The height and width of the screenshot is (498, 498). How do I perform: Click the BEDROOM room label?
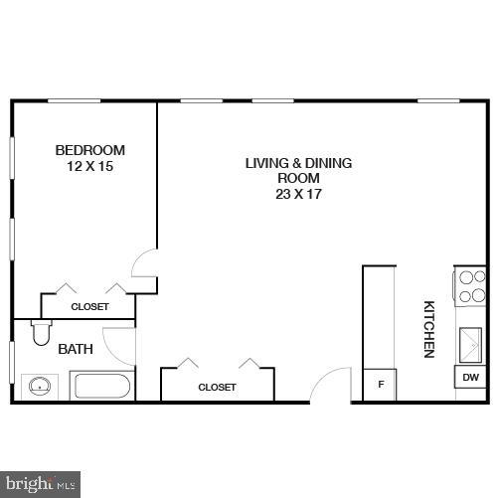click(89, 150)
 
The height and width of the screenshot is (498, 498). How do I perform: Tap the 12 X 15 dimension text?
click(89, 166)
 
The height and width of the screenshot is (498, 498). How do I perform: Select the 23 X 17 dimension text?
click(299, 195)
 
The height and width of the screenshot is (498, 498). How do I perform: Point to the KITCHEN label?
click(429, 329)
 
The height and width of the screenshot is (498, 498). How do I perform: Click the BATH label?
click(76, 349)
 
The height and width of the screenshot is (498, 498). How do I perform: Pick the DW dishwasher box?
click(470, 378)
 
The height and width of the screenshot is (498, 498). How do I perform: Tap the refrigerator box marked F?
click(379, 384)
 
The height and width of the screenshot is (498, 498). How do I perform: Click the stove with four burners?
click(470, 286)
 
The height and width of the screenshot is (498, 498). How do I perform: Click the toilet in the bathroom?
click(42, 332)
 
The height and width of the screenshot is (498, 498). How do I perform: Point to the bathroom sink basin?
click(39, 386)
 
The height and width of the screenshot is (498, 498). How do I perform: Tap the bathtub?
click(100, 386)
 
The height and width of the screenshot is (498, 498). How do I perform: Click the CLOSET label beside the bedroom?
click(89, 307)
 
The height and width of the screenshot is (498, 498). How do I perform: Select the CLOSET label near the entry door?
click(217, 387)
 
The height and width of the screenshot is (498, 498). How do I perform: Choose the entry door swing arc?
click(334, 385)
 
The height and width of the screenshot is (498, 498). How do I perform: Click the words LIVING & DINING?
click(299, 163)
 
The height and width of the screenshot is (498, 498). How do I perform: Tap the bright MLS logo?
click(40, 484)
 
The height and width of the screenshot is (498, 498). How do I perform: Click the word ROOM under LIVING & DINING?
click(299, 179)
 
